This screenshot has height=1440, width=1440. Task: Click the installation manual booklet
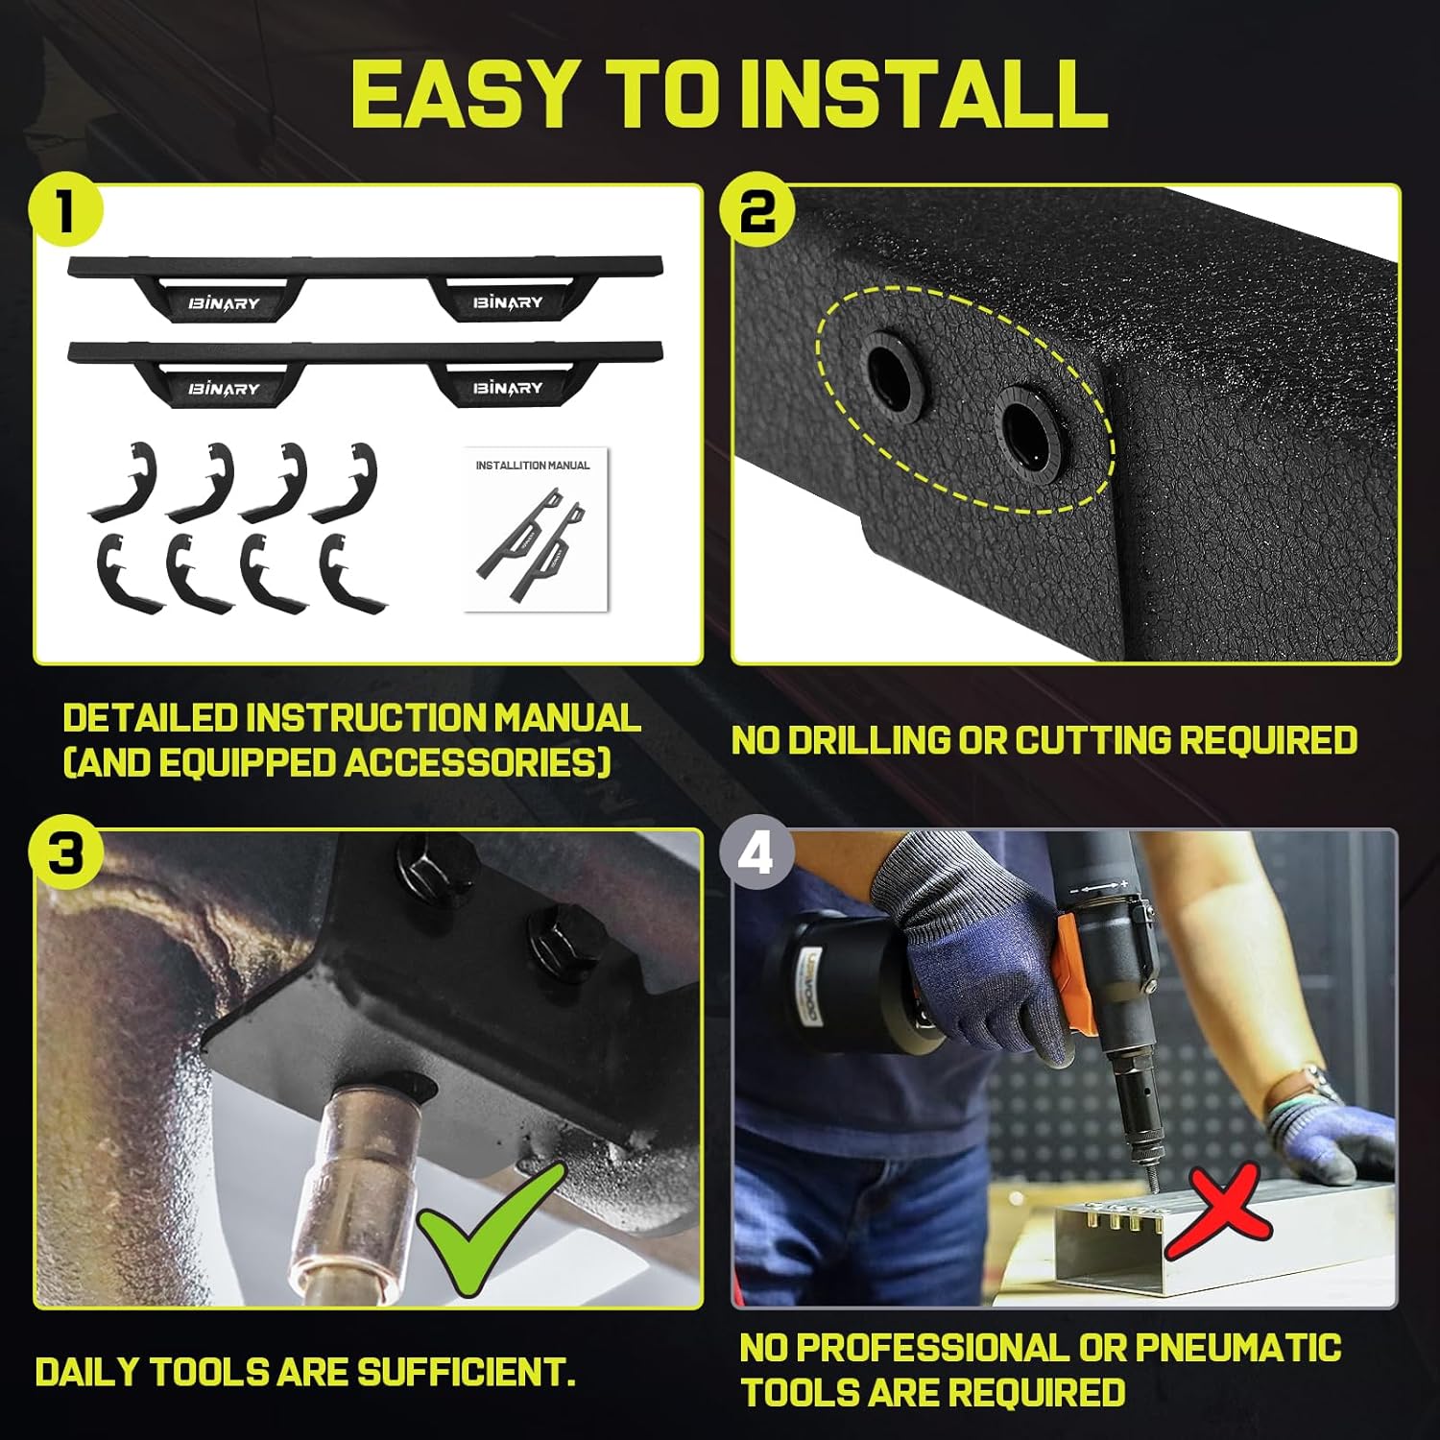535,529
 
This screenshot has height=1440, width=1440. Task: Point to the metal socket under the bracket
350,1181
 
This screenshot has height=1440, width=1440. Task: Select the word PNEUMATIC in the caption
1237,1348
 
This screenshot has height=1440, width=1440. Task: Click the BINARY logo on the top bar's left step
224,303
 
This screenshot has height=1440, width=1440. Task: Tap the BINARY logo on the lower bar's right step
508,388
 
